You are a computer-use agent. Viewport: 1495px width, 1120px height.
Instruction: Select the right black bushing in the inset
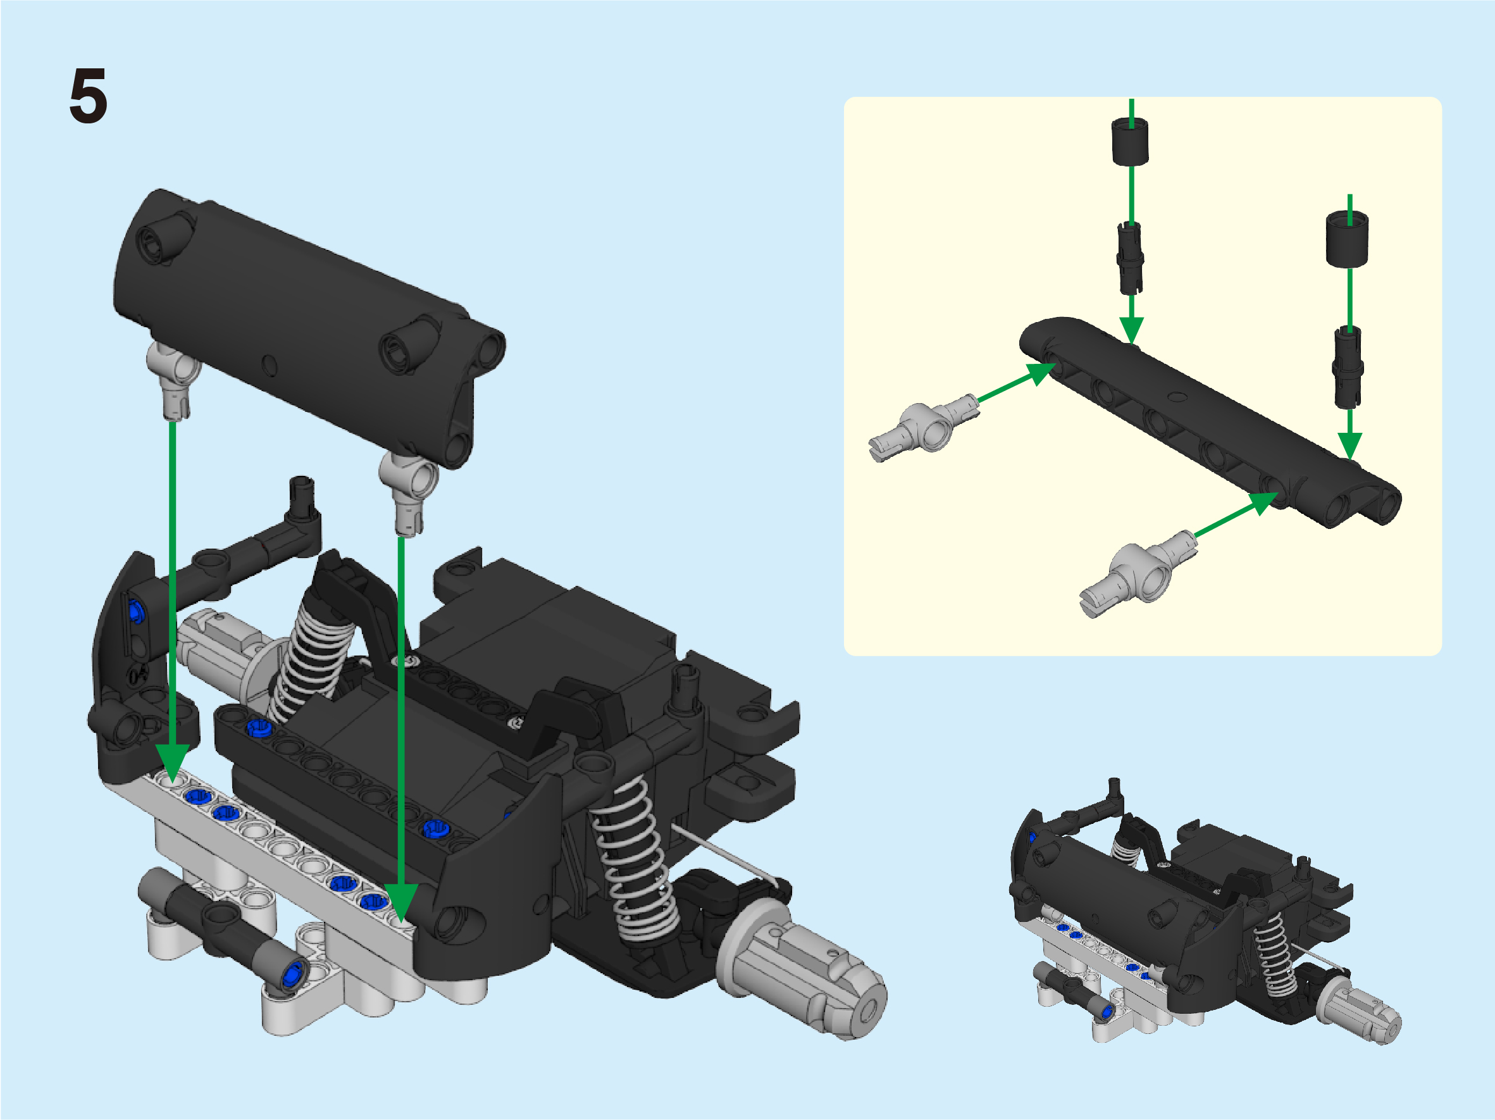1347,238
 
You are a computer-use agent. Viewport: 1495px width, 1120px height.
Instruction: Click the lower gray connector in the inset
1139,573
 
